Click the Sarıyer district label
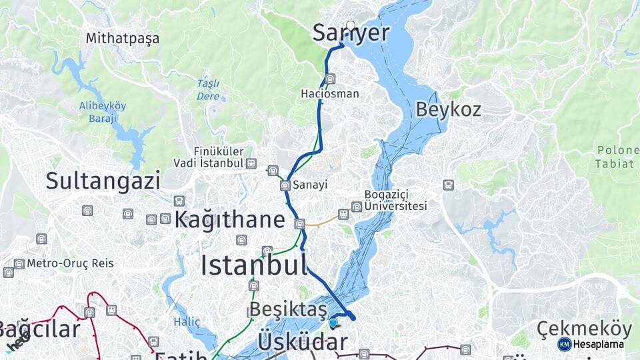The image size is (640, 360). click(x=351, y=33)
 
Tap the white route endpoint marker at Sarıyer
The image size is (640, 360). click(x=351, y=25)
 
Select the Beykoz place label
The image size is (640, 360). click(x=448, y=109)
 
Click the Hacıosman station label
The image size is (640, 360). click(x=329, y=94)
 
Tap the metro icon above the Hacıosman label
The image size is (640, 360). click(x=331, y=79)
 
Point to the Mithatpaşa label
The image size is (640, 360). click(x=123, y=38)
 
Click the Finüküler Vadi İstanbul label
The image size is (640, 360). click(x=208, y=157)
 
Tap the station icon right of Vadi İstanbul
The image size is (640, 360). click(x=251, y=163)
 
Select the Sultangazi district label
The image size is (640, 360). click(x=103, y=181)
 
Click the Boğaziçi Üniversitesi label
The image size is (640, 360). click(x=395, y=200)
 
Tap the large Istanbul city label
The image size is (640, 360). click(x=254, y=265)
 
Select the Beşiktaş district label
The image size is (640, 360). click(x=289, y=309)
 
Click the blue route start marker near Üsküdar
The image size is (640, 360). click(x=333, y=323)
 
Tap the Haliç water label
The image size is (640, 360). click(x=187, y=322)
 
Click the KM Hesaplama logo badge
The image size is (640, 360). click(x=591, y=344)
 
